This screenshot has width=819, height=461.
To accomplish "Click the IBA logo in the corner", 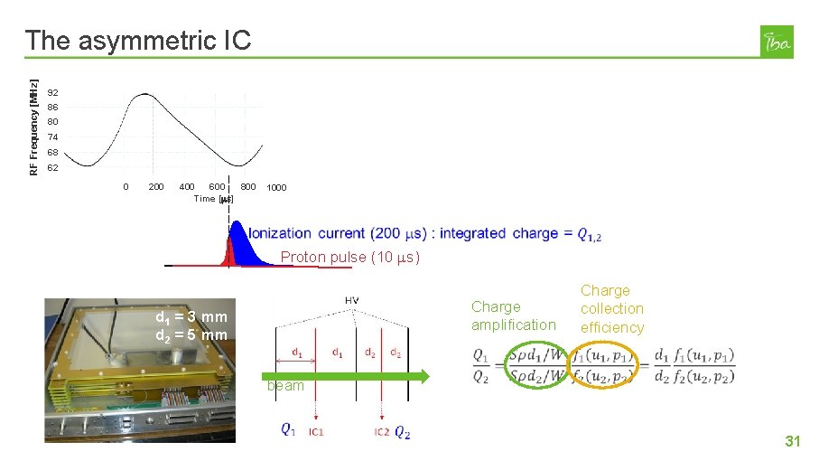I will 777,42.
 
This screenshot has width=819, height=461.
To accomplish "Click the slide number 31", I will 793,441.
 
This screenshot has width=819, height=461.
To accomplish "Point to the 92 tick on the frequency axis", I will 53,93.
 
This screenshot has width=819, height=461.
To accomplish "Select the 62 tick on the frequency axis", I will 53,168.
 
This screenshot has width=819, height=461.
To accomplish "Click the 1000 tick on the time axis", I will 276,188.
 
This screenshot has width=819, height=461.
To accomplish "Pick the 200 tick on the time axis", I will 155,187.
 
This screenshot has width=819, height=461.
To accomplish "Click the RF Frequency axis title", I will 33,116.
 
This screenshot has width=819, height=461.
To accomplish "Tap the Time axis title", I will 214,199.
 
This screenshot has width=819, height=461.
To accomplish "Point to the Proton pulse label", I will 349,258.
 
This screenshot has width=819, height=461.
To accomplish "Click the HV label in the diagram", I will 350,300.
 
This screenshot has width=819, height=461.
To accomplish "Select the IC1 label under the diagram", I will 316,432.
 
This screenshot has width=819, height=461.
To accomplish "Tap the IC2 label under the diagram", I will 383,432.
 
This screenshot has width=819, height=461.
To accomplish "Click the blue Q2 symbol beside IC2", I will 403,433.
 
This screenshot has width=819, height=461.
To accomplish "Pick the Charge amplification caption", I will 513,315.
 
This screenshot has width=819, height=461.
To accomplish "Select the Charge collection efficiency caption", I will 611,309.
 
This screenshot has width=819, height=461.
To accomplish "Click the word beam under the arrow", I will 284,385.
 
